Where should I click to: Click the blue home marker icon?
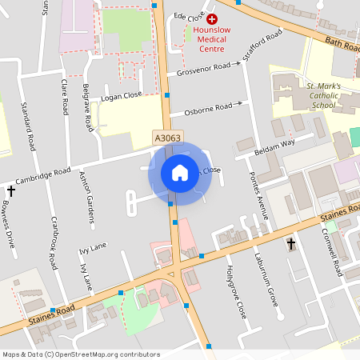(179, 173)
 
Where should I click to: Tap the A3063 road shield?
(168, 138)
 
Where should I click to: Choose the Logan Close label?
(122, 96)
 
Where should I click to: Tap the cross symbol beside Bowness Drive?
(11, 191)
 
